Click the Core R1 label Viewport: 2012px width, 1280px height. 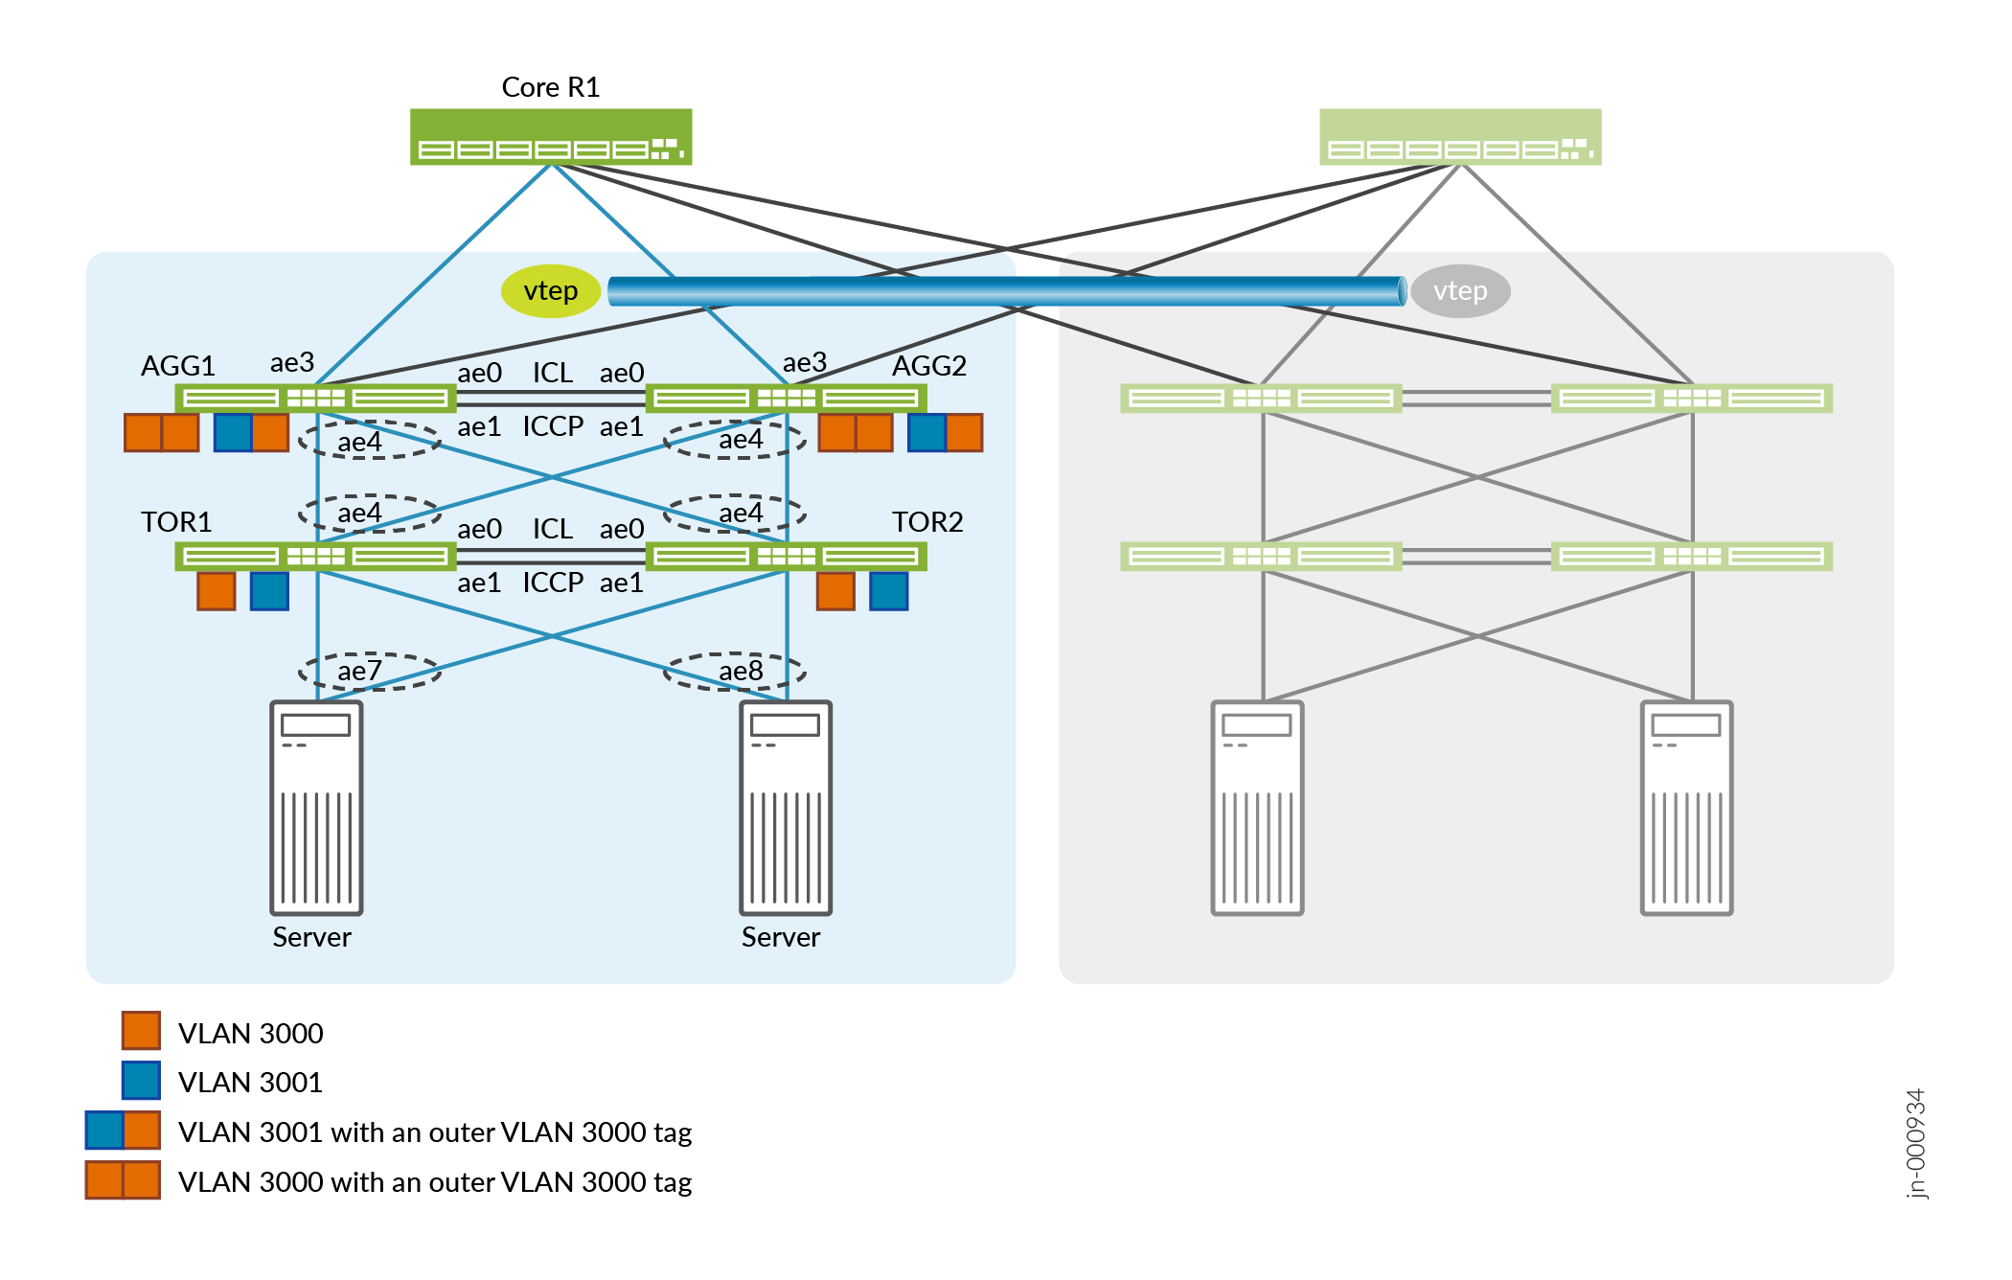click(550, 87)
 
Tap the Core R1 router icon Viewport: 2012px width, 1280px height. click(550, 137)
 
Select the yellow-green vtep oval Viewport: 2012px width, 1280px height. click(551, 290)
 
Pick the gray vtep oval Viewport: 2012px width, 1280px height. click(1459, 290)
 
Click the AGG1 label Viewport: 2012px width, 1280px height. click(178, 366)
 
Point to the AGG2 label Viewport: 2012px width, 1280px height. click(928, 366)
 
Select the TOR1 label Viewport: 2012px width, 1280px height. click(176, 522)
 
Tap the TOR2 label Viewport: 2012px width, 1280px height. click(926, 522)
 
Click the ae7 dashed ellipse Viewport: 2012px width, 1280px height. click(369, 671)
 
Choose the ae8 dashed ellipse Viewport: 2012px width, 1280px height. click(735, 671)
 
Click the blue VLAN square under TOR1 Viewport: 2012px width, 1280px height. click(269, 591)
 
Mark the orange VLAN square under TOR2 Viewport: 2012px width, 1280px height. click(835, 591)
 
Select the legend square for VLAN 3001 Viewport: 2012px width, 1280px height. click(141, 1081)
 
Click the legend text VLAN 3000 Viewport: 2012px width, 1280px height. click(250, 1034)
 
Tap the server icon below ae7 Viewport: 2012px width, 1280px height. click(316, 808)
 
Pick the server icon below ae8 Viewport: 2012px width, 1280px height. click(785, 808)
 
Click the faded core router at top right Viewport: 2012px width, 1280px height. click(1459, 137)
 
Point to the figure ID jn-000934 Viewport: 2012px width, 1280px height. click(1915, 1143)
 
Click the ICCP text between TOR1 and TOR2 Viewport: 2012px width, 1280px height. click(553, 583)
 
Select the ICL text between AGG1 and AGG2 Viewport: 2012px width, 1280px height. click(553, 373)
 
